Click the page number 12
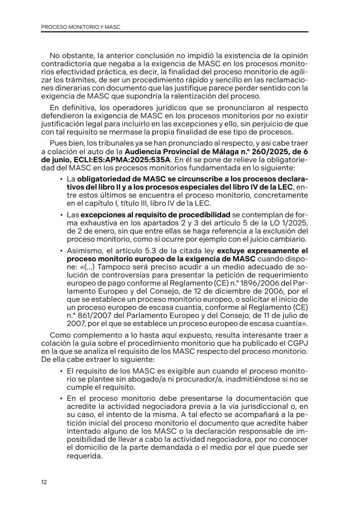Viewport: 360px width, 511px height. click(x=44, y=482)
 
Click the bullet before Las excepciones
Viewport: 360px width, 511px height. click(x=61, y=215)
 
